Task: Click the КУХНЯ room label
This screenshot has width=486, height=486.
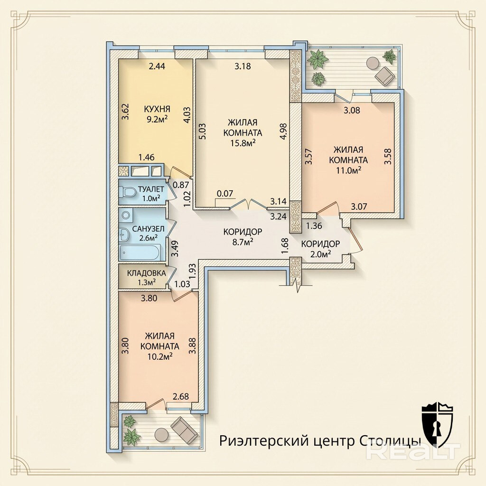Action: coord(157,109)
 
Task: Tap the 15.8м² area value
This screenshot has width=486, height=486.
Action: coord(243,142)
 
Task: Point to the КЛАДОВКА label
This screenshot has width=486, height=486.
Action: coord(147,273)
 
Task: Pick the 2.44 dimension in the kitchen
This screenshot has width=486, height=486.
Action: coord(157,66)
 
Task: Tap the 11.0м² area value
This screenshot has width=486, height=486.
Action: coord(348,170)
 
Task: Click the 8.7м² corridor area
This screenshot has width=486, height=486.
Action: coord(243,242)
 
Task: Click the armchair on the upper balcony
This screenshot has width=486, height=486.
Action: coord(384,76)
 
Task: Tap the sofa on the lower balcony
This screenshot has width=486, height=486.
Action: coord(185,429)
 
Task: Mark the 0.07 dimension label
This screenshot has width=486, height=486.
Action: coord(225,194)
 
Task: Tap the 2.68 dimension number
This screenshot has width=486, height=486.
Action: coord(181,396)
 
